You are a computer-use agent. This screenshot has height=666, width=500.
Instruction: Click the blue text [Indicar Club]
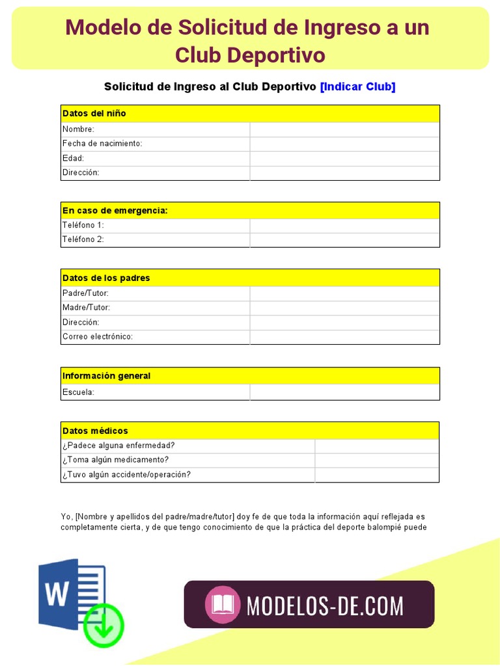pos(357,87)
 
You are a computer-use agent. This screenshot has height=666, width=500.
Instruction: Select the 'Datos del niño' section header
pos(94,113)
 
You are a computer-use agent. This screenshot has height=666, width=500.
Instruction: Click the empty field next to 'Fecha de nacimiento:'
pos(344,144)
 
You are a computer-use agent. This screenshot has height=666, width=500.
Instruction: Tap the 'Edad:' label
pos(74,158)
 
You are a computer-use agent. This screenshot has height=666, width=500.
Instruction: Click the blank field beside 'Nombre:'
pos(344,129)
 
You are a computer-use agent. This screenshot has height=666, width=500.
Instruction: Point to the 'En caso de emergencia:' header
pos(115,211)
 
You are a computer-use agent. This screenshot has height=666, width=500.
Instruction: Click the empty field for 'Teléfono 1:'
pos(344,225)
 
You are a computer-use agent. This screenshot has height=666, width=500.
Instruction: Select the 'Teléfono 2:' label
pos(83,239)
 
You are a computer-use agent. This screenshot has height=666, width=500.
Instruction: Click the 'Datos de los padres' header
pos(106,278)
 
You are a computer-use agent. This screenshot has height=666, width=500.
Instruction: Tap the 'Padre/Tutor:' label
pos(85,293)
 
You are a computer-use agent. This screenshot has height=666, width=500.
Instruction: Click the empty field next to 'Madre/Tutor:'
pos(344,308)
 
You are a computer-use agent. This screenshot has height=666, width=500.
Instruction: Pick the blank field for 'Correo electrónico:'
pos(344,337)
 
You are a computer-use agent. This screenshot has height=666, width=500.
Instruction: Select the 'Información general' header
pos(107,376)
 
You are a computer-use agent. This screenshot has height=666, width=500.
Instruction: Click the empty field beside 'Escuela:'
pos(344,392)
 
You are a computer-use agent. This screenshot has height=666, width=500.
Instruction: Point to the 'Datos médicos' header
pos(95,431)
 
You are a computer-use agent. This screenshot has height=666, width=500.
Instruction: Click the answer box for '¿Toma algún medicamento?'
pos(376,460)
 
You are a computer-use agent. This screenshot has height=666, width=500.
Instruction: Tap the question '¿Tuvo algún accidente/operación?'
pos(126,475)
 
